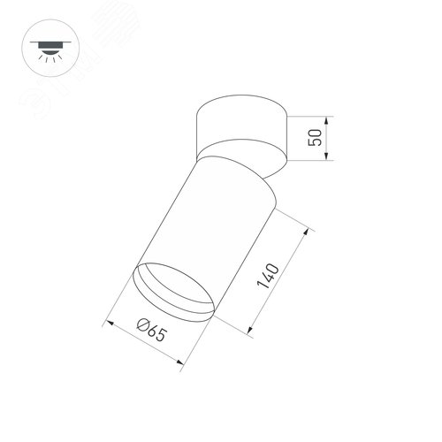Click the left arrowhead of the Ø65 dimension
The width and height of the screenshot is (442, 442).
[x=109, y=322]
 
